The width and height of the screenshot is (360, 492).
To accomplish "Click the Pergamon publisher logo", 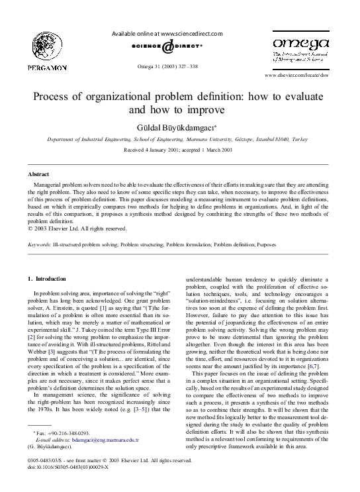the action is (47, 51).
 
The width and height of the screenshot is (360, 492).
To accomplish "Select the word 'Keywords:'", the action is (38, 244).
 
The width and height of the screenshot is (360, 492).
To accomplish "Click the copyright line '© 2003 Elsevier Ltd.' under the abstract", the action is (76, 229).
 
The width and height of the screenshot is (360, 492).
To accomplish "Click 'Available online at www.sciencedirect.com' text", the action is (167, 33).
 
